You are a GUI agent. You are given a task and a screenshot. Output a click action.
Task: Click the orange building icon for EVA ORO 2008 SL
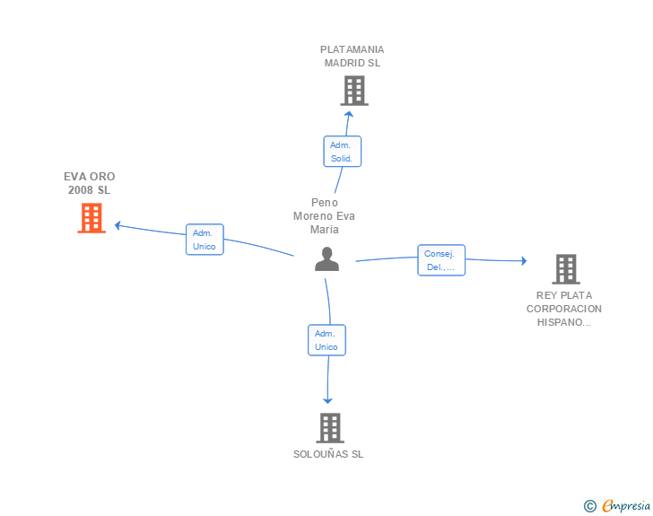click(91, 218)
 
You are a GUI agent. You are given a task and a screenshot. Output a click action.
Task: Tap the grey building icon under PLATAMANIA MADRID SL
click(354, 91)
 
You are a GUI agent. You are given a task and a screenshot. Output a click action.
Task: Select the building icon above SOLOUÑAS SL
click(330, 428)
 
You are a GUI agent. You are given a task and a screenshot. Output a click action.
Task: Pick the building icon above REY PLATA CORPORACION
click(566, 269)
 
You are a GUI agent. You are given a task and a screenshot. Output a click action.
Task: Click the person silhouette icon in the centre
click(326, 259)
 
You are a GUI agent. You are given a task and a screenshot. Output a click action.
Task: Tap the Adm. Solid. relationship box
click(343, 152)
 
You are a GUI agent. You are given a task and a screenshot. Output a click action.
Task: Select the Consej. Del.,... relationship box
click(441, 260)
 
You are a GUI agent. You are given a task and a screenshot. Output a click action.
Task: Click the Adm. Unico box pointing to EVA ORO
click(205, 240)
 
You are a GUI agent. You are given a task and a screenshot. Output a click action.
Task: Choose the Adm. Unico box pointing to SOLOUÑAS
click(326, 340)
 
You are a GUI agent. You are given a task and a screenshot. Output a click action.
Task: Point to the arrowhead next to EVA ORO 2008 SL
click(118, 225)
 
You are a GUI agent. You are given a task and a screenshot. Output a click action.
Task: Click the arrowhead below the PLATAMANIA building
click(349, 114)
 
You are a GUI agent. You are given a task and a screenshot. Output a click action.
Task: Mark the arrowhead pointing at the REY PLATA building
click(525, 261)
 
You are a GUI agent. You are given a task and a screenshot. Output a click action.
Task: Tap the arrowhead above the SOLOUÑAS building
click(327, 401)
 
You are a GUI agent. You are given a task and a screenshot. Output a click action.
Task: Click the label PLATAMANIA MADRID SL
click(353, 57)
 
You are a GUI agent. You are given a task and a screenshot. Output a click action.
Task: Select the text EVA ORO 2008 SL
click(90, 183)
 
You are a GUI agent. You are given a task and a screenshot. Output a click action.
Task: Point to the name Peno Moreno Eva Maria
click(324, 216)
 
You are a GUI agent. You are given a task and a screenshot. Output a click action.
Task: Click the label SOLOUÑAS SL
click(328, 454)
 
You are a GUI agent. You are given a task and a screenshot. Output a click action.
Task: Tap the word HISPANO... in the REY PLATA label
click(564, 322)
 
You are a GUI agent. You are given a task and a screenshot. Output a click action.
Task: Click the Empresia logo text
click(626, 505)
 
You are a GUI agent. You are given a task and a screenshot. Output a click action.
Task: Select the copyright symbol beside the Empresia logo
click(590, 506)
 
